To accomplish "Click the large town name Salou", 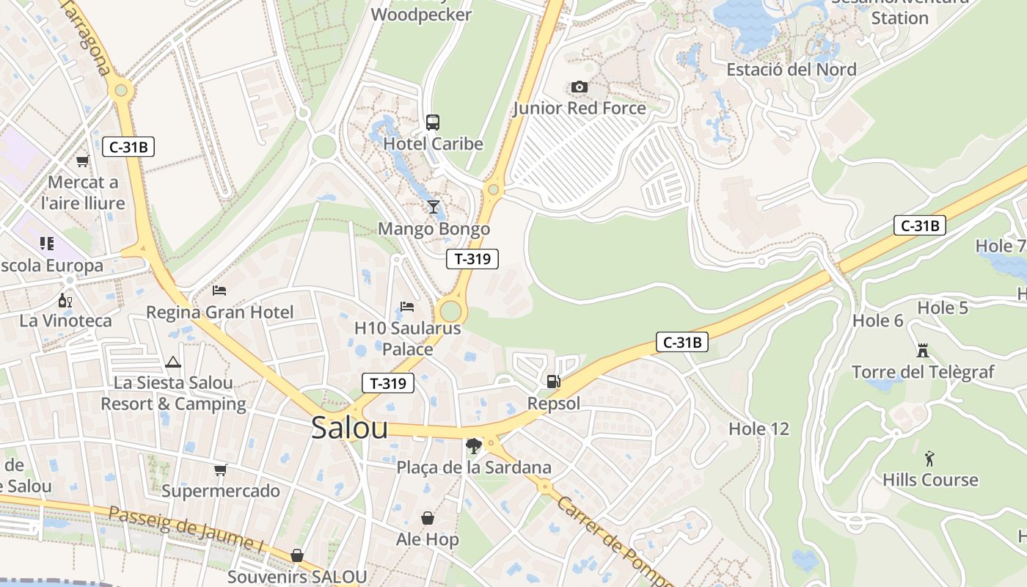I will tap(349, 428).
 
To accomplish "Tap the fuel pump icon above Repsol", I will tap(553, 381).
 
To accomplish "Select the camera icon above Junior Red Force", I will tap(579, 87).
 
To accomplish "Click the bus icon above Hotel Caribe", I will tap(433, 122).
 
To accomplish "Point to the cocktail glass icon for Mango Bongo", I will tap(434, 206).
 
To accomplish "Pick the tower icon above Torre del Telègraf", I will tap(923, 351).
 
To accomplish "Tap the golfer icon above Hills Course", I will tap(930, 459).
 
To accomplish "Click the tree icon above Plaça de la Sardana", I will tap(474, 445).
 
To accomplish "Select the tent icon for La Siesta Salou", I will tap(173, 361).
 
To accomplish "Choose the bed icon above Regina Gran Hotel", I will tap(219, 291).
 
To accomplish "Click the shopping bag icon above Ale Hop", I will tap(428, 518).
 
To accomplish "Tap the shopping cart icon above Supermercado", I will tap(221, 470).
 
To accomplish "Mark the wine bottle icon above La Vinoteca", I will tap(65, 300).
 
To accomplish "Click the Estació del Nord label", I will tap(792, 70).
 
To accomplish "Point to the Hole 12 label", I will tap(759, 429).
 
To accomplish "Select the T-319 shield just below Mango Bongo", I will tap(472, 258).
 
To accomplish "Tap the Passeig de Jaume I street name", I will tap(186, 529).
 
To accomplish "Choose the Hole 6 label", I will tap(878, 321).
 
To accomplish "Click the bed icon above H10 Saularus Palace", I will tap(407, 306).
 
